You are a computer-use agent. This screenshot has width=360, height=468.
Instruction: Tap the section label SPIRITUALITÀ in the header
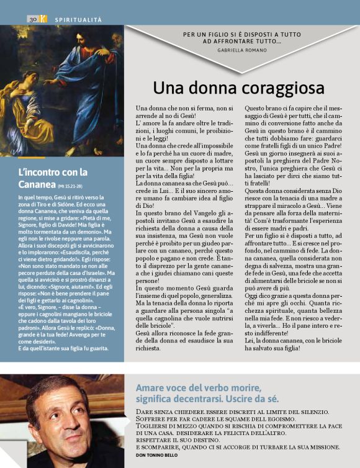point(79,20)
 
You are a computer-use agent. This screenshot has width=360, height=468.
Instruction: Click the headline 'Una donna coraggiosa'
point(239,88)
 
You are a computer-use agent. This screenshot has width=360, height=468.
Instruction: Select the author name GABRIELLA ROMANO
point(241,48)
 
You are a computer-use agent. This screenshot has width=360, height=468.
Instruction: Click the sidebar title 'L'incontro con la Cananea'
point(53,178)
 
